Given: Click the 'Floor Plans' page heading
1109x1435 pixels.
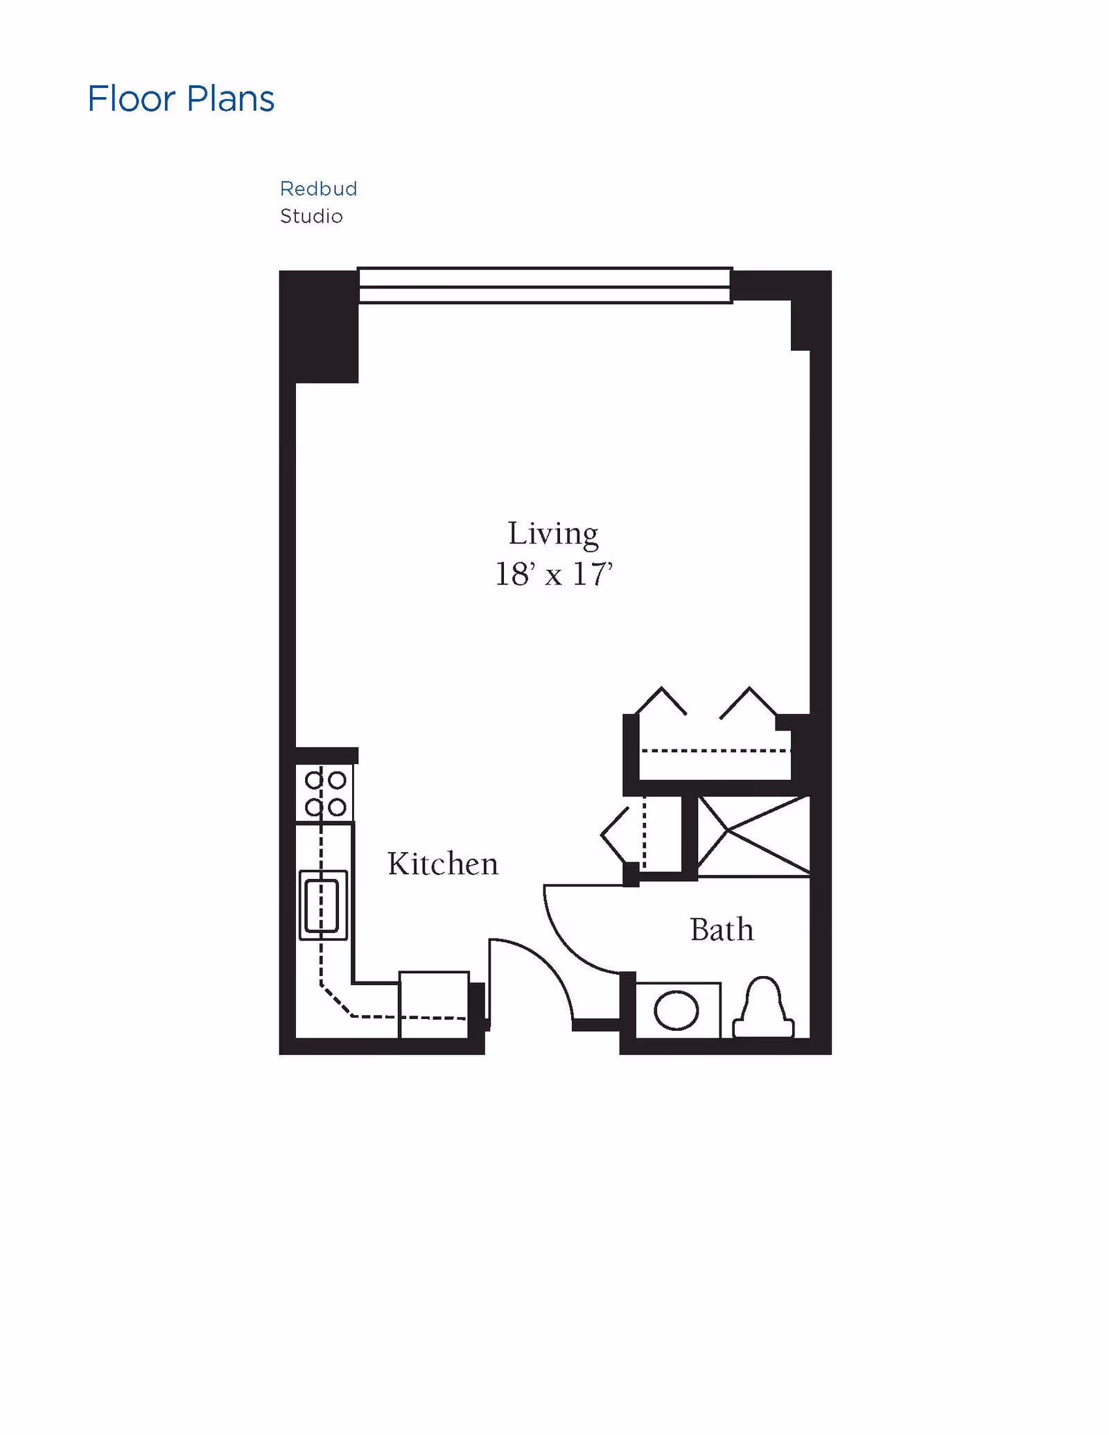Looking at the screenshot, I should coord(181,98).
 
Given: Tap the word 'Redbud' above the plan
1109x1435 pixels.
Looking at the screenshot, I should coord(318,189).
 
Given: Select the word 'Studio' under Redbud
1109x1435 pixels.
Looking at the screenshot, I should coord(311,216).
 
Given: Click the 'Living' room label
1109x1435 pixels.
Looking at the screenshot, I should coord(553,534).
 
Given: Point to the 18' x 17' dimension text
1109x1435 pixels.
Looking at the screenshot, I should coord(553,574).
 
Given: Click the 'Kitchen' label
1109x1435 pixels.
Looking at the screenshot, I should coord(443,864).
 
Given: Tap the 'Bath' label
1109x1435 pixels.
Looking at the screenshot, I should coord(722,930).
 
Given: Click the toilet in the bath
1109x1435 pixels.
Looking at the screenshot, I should coord(763,1009).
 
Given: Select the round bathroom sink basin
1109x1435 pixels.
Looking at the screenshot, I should coord(676,1010).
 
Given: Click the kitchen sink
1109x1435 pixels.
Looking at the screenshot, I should coord(323,905).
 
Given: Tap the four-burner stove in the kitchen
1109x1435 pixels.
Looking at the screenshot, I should coord(325,793).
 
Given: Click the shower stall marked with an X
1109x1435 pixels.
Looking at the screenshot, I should coord(753,835).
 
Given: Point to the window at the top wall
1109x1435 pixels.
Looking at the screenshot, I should coord(545,286).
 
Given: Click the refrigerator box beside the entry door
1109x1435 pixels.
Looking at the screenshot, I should coord(434,1004).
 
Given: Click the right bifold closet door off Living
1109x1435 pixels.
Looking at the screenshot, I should coord(749,702).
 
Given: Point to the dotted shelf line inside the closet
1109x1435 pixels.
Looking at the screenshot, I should coord(714,751).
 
